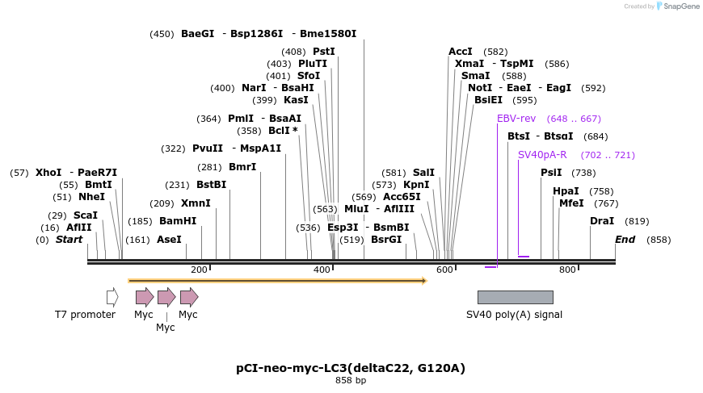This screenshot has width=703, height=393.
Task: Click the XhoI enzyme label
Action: coord(48,173)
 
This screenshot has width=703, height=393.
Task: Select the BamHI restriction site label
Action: coord(178,221)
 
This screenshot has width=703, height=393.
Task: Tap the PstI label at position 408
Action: coord(323,52)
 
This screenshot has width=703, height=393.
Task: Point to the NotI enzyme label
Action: coord(480,88)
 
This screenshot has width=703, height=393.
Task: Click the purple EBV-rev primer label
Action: coord(516,119)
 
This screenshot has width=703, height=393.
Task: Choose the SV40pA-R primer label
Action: coord(542,155)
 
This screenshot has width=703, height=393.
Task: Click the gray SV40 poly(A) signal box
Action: coord(515,297)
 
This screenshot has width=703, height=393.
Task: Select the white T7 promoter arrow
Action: coord(112,297)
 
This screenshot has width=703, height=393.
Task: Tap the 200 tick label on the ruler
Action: coord(199,270)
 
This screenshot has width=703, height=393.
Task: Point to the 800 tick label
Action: coord(567,270)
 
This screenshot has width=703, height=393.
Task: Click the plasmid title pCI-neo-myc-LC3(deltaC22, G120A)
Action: coord(351,368)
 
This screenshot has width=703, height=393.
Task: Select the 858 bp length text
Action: coord(351,380)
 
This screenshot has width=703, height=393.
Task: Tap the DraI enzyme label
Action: coord(602,221)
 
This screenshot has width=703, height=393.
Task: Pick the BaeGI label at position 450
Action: coord(198,34)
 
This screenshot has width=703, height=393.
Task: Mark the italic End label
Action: coord(625,240)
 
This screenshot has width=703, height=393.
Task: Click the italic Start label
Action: coord(69,240)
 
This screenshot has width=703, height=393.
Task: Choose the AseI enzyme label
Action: coord(169,240)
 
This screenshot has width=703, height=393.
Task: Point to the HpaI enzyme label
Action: coord(566,191)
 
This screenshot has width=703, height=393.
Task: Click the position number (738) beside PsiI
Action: coord(583,173)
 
